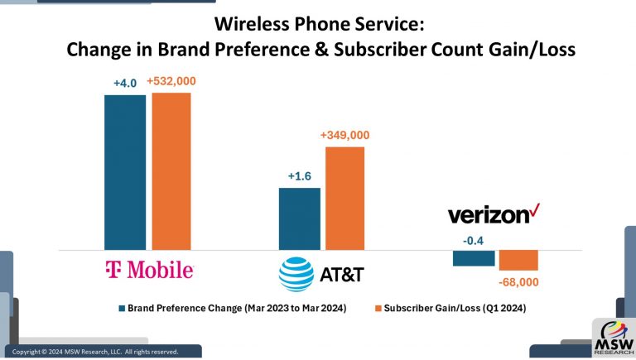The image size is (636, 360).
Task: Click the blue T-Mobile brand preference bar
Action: (124, 171)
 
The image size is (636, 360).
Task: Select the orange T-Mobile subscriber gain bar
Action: (171, 170)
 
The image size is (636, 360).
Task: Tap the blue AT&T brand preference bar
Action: (299, 218)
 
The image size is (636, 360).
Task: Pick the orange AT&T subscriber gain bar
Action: (344, 198)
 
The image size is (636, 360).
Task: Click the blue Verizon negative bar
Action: (474, 257)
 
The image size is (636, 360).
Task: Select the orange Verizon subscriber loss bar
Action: (518, 260)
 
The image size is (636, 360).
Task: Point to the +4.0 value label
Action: (125, 83)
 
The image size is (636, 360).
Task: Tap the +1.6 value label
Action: (299, 176)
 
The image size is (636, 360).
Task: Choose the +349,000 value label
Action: (344, 135)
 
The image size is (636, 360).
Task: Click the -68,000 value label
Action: (519, 282)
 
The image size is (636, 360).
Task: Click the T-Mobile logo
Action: (149, 270)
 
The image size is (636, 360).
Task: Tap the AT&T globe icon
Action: (296, 274)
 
